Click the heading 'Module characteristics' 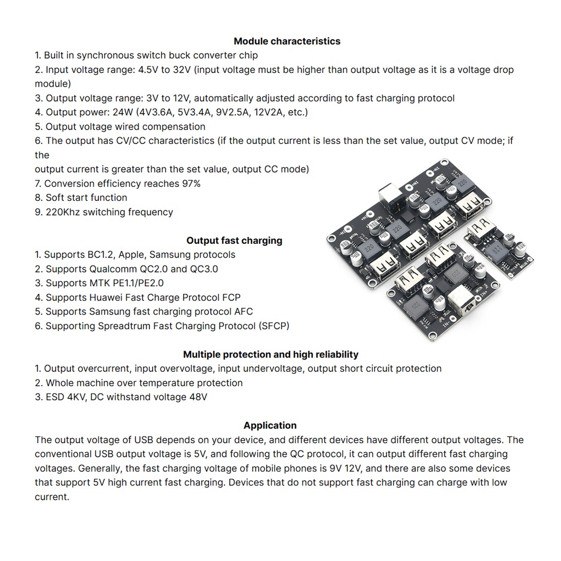click(x=287, y=41)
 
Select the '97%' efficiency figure click(x=190, y=184)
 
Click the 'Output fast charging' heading click(x=234, y=241)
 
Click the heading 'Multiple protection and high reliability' click(x=270, y=354)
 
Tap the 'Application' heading click(x=270, y=426)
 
